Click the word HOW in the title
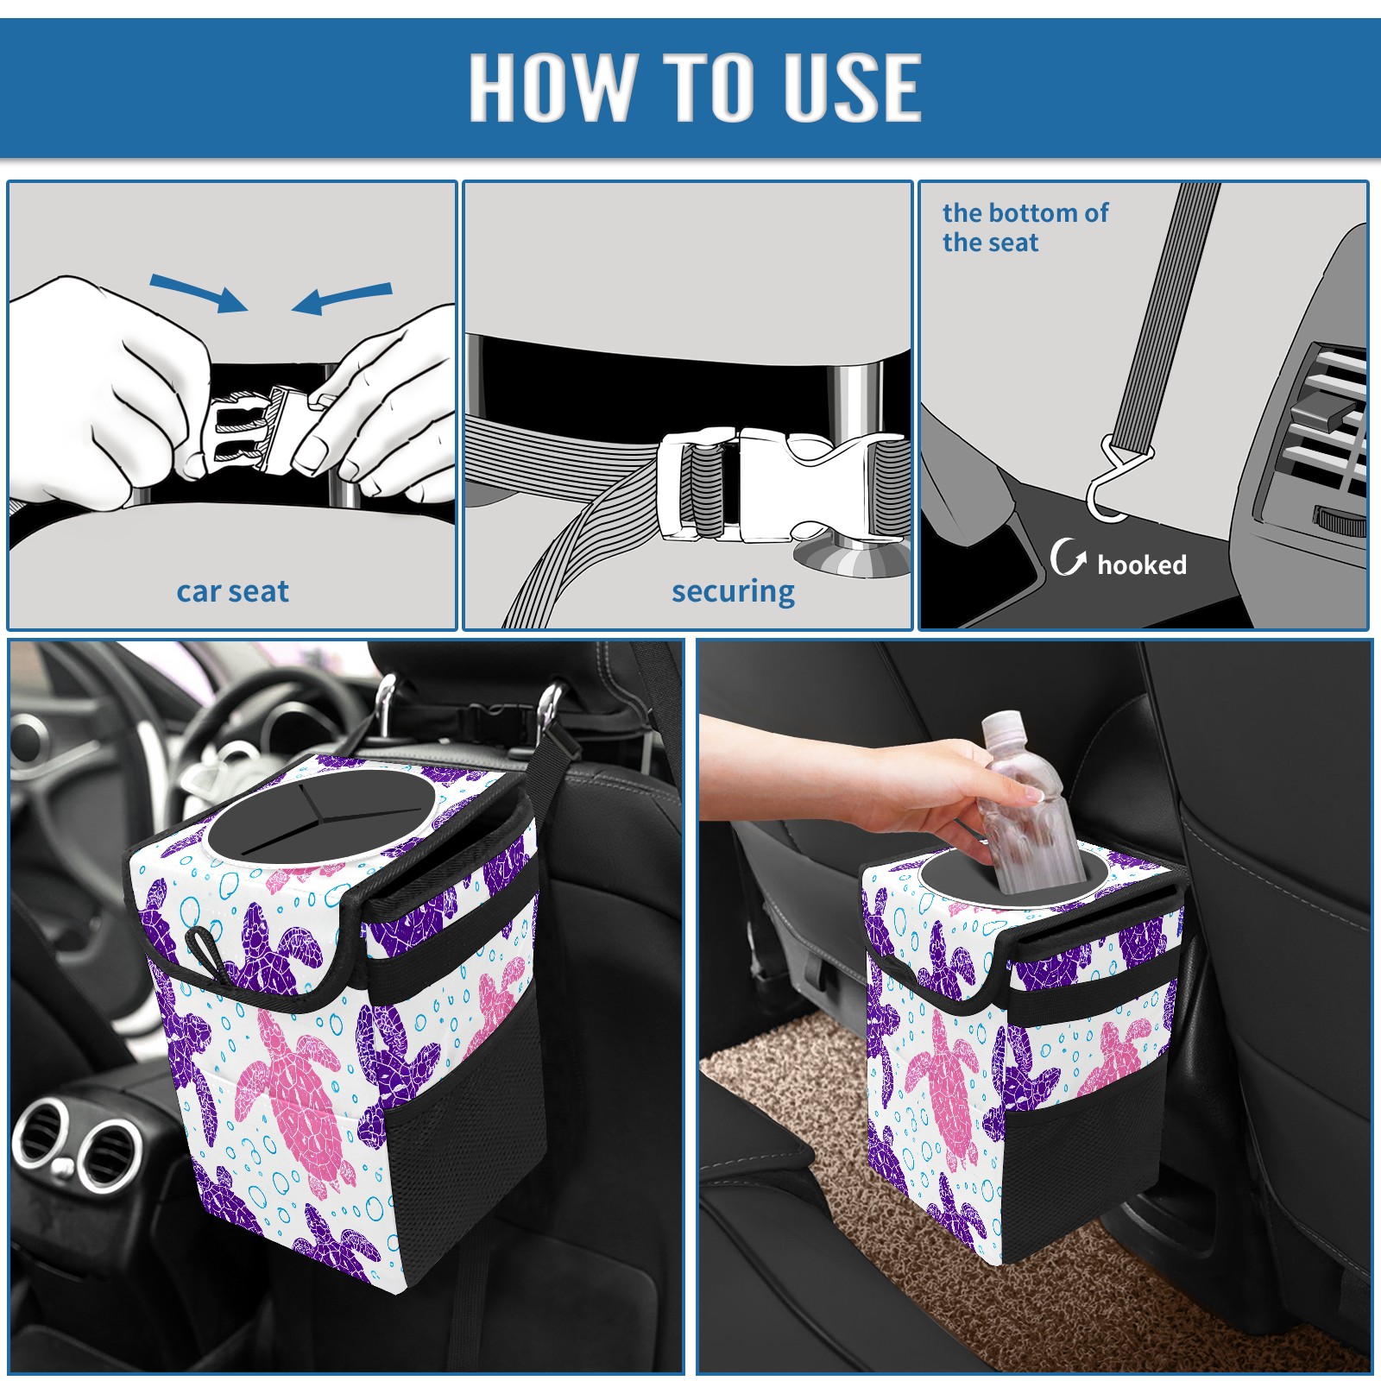click(551, 86)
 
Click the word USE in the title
click(853, 86)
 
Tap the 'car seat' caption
click(232, 591)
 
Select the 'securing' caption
click(733, 592)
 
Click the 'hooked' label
click(1142, 564)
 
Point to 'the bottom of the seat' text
click(1025, 227)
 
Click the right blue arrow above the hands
click(342, 299)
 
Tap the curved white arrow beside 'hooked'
click(1069, 557)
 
